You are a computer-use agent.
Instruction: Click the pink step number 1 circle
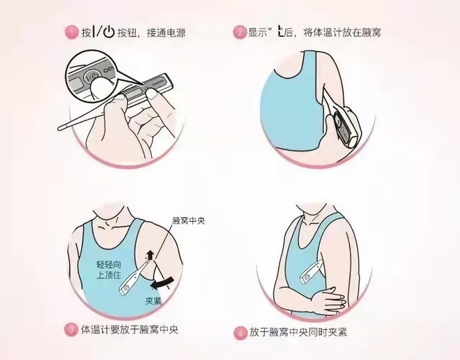[x=71, y=32]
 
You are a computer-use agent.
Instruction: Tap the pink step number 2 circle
[x=239, y=32]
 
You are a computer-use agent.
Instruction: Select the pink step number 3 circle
[x=71, y=330]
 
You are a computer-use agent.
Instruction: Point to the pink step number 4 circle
[x=240, y=333]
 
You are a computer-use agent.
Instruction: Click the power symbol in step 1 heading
[x=109, y=32]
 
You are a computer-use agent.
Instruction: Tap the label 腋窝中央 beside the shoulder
[x=188, y=221]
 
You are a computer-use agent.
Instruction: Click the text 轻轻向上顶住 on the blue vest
[x=109, y=270]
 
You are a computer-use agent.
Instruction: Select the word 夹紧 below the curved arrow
[x=154, y=301]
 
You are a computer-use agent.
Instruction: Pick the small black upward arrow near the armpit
[x=150, y=255]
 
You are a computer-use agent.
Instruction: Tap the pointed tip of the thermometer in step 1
[x=59, y=128]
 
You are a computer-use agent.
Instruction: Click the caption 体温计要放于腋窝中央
[x=130, y=330]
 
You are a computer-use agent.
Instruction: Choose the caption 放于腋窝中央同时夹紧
[x=299, y=333]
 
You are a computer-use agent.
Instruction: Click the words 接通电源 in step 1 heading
[x=166, y=32]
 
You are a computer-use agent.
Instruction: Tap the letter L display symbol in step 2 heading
[x=281, y=32]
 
